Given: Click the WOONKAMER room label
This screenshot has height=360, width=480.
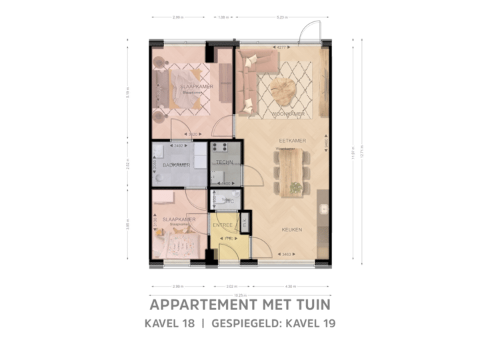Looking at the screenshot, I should coord(288,114).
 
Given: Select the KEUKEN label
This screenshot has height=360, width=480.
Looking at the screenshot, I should coord(291,230).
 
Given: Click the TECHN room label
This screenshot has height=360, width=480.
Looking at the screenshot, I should coord(224,162).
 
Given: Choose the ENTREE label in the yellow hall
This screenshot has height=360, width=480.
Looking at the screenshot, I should coord(223,226).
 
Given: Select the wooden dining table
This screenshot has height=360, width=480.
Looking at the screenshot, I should coord(291,172).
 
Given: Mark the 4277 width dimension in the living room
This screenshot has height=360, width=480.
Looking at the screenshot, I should coord(282,47).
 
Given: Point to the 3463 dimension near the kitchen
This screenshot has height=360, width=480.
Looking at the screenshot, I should coord(287,254).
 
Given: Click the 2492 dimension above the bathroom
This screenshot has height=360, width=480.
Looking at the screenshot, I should coord(178,145).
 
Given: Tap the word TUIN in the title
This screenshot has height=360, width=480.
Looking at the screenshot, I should coord(311,305).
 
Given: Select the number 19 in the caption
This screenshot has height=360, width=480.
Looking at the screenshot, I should coord(327,324).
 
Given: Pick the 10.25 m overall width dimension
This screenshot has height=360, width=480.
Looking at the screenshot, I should coord(240,294).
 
